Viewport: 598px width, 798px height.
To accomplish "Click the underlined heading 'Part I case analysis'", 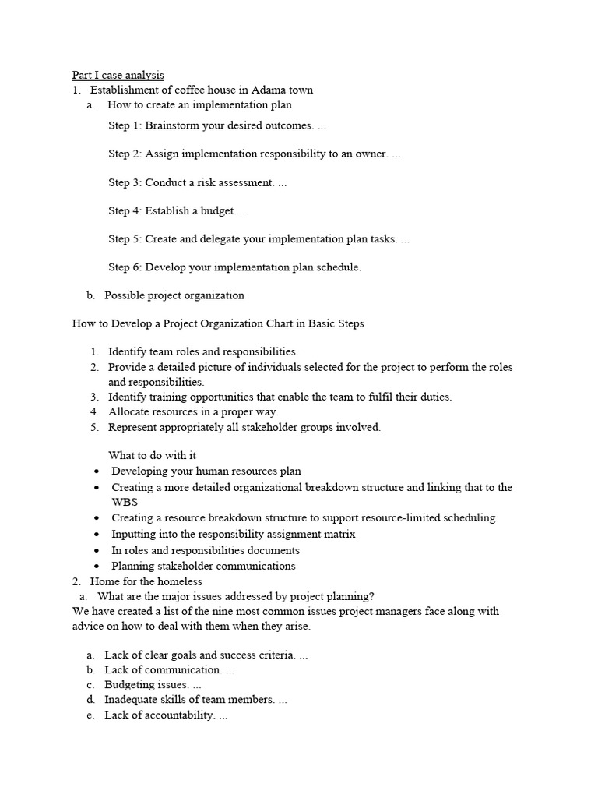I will click(x=118, y=75).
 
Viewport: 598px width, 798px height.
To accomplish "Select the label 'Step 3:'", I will click(x=125, y=182).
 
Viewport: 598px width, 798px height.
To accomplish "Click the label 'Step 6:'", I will click(x=125, y=267).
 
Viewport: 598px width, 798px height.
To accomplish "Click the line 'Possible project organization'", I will click(x=174, y=295).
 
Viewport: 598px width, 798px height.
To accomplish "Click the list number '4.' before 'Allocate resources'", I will click(x=94, y=411).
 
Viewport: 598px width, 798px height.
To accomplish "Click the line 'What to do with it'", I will click(x=146, y=455).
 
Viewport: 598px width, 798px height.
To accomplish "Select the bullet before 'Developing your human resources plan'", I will click(x=96, y=471).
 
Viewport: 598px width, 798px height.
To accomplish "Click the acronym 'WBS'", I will click(x=125, y=502).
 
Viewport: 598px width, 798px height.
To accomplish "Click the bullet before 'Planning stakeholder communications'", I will click(x=96, y=567).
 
